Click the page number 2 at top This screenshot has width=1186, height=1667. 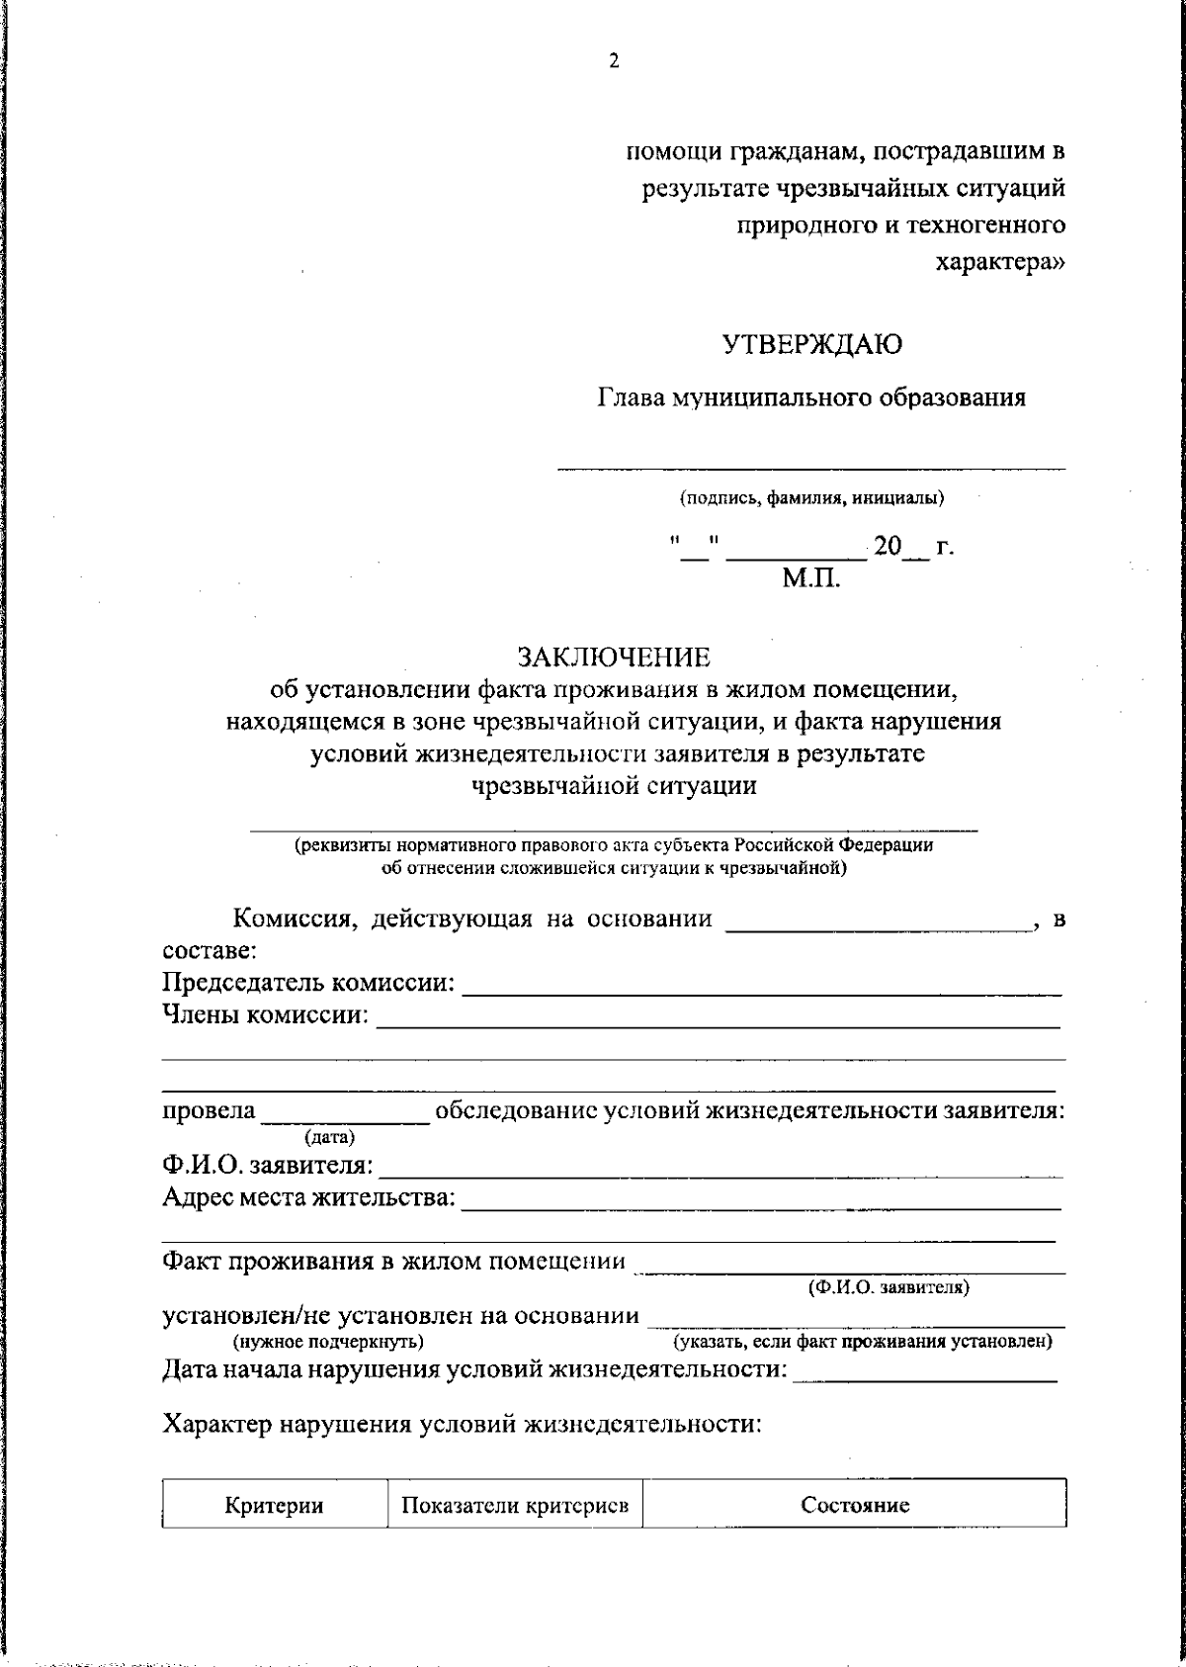coord(613,61)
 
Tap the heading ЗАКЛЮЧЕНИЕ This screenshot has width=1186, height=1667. coord(614,658)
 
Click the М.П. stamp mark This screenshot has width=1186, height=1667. coord(812,579)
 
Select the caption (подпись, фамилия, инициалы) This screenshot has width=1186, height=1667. coord(811,498)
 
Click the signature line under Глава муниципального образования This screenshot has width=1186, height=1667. coord(811,466)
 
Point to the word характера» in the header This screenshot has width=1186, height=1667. coord(1000,263)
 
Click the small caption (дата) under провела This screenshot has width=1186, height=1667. coord(330,1138)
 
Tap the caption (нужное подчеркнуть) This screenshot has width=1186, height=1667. coord(328,1342)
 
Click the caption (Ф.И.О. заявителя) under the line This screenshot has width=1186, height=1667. coord(889,1288)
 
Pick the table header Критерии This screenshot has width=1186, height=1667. coord(274,1506)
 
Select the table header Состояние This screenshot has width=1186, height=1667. coord(855,1506)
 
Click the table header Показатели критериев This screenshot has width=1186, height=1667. coord(515,1506)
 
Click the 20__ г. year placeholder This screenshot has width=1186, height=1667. coord(911,547)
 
